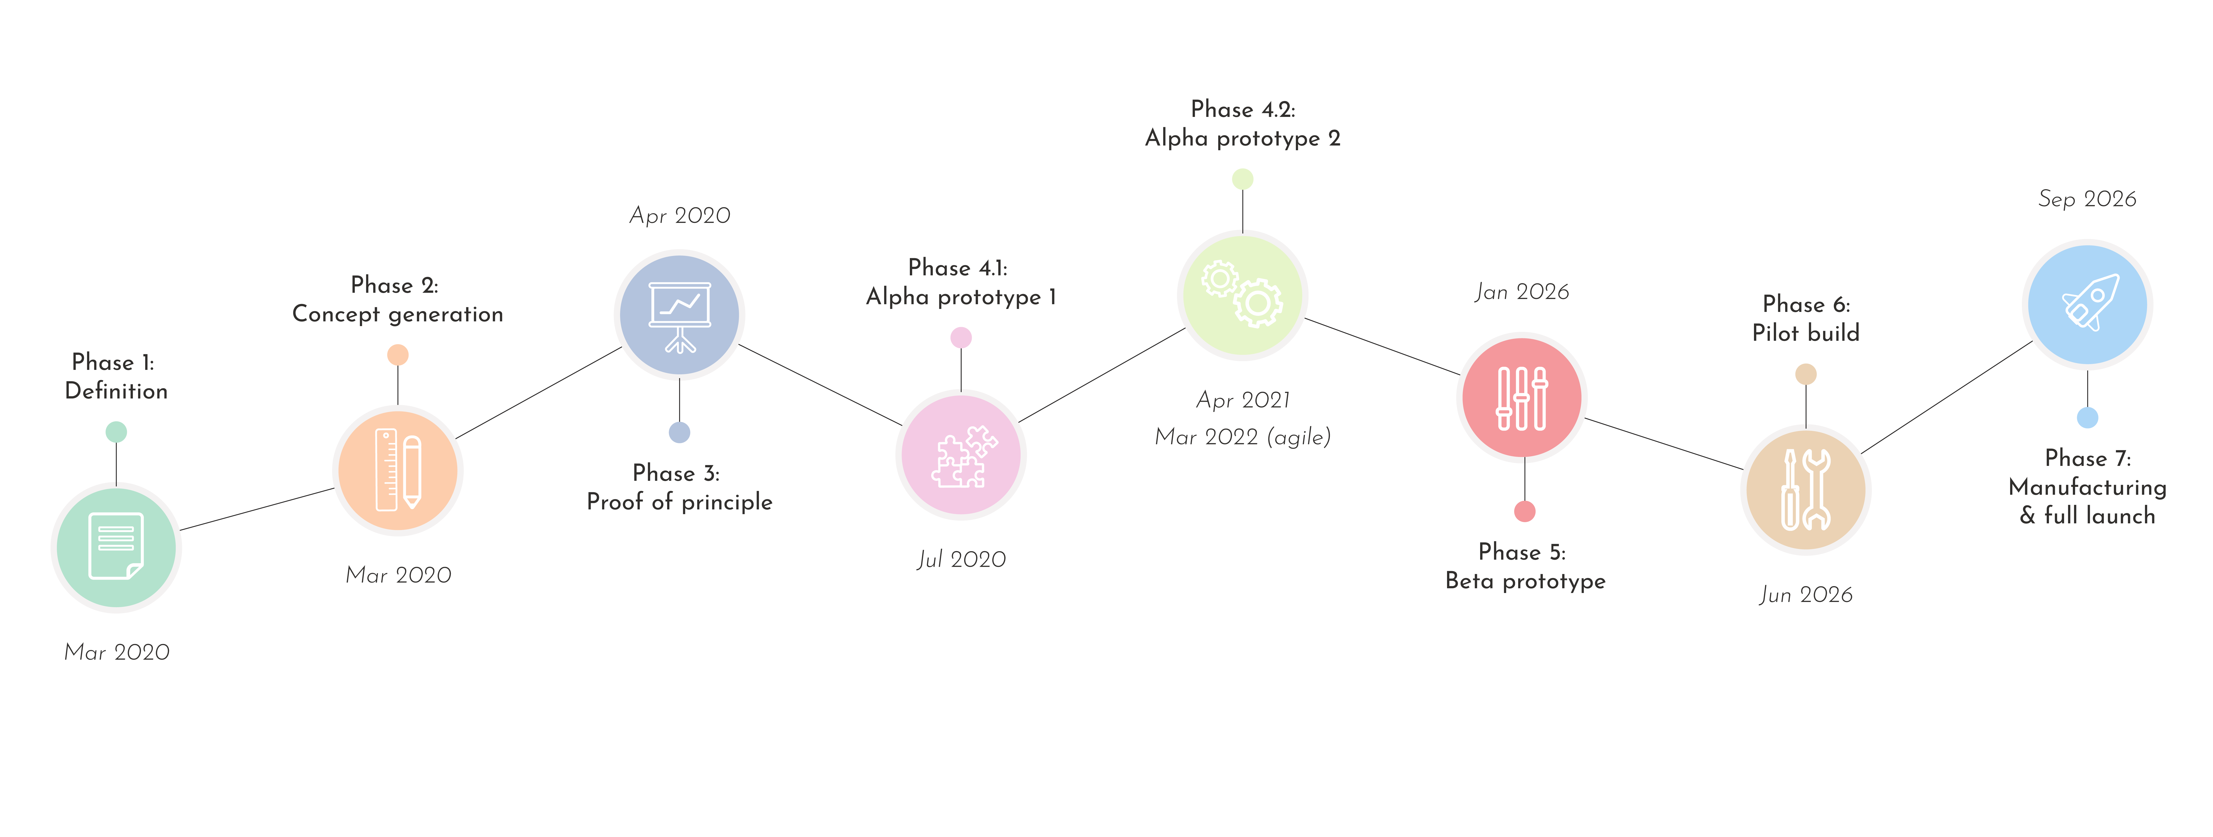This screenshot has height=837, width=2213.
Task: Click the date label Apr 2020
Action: click(680, 215)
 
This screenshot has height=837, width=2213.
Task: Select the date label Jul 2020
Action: click(961, 560)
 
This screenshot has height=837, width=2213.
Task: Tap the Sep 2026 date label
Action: click(2088, 199)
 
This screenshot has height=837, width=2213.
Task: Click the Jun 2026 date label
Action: click(1806, 595)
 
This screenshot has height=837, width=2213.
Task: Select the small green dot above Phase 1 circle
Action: click(116, 432)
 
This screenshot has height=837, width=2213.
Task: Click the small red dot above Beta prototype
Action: click(1525, 512)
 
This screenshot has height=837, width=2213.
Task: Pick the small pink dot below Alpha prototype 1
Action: click(961, 337)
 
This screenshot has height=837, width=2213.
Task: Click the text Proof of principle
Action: click(680, 502)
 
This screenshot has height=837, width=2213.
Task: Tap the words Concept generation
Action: click(398, 314)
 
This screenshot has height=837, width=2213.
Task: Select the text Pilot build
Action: click(1806, 333)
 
